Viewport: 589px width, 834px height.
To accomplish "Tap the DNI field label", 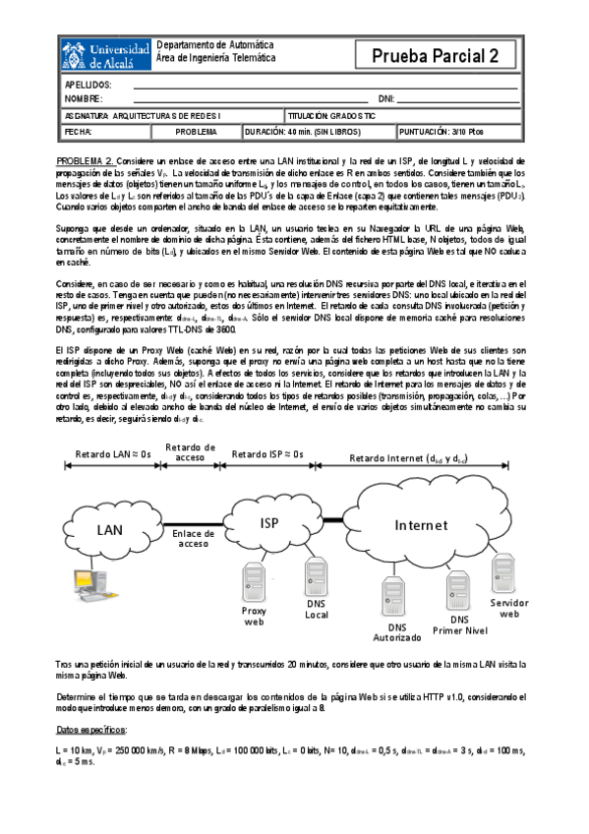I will (x=386, y=99).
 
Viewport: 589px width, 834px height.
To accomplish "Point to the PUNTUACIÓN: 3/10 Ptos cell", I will (x=455, y=131).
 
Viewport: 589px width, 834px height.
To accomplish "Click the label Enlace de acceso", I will (x=194, y=537).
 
